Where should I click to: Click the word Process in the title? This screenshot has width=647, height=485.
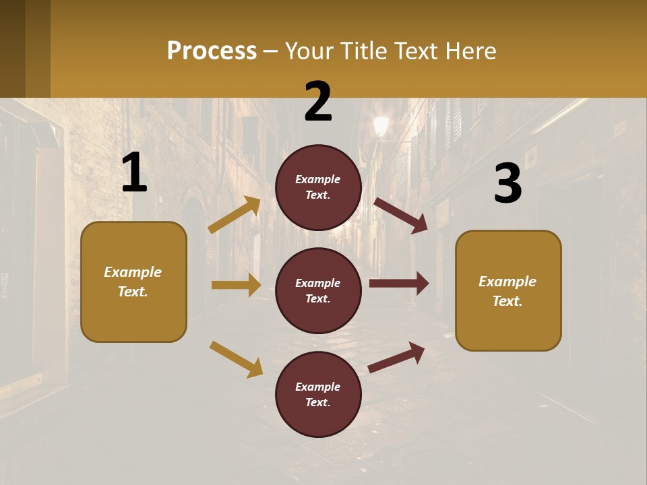coord(212,51)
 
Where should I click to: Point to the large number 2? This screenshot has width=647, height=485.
coord(318,101)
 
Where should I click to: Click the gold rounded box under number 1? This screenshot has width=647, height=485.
coord(133,282)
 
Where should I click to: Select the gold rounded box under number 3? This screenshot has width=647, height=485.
coord(508,290)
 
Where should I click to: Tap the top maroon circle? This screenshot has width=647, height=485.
coord(318,187)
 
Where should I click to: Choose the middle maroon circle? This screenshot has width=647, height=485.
coord(318,290)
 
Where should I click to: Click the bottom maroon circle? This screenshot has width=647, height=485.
coord(318,394)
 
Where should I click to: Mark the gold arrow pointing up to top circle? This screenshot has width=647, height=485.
coord(235,215)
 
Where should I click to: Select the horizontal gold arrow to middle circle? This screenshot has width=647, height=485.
coord(236,285)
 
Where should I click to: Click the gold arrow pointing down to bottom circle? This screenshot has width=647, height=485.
coord(236,358)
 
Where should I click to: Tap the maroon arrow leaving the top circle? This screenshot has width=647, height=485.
coord(401,215)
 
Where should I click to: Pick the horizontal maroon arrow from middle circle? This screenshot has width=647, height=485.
coord(399,284)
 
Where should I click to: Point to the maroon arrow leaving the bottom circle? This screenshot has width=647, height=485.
coord(397,357)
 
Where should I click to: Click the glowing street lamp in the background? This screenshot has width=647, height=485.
coord(381,125)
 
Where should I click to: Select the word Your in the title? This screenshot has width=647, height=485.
coord(309,51)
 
